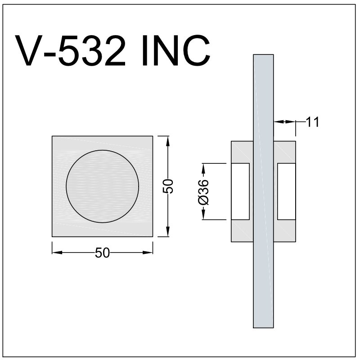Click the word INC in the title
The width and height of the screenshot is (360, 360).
[x=176, y=50]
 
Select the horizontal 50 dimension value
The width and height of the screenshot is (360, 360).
[x=103, y=253]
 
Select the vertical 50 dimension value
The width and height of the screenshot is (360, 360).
[x=168, y=186]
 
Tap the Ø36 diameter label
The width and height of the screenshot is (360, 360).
[x=203, y=192]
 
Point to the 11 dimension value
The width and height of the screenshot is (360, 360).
[x=313, y=122]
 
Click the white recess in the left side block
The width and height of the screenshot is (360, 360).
[x=240, y=192]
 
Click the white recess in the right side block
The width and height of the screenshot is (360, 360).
[x=287, y=192]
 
